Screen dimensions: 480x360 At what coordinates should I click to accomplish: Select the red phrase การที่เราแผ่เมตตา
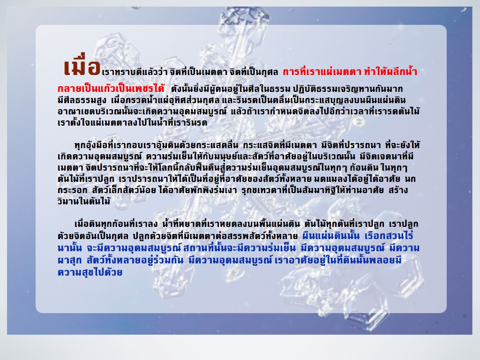(x=322, y=72)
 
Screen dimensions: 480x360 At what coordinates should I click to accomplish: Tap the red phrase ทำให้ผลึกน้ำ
(x=390, y=72)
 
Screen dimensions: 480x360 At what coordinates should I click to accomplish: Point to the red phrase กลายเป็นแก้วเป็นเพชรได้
(x=111, y=89)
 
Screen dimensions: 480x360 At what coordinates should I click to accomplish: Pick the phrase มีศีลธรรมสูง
(x=82, y=100)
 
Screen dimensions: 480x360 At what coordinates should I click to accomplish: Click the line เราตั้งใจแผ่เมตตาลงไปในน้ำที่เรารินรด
(x=132, y=122)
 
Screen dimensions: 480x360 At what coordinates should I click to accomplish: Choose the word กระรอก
(x=72, y=190)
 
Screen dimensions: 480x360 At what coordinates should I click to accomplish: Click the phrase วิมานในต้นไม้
(x=84, y=201)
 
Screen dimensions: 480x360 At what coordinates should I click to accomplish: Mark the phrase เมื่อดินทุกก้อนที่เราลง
(x=116, y=224)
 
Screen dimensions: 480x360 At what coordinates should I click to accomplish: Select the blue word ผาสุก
(x=69, y=260)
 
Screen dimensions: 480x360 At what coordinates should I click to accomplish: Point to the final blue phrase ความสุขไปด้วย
(x=90, y=272)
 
